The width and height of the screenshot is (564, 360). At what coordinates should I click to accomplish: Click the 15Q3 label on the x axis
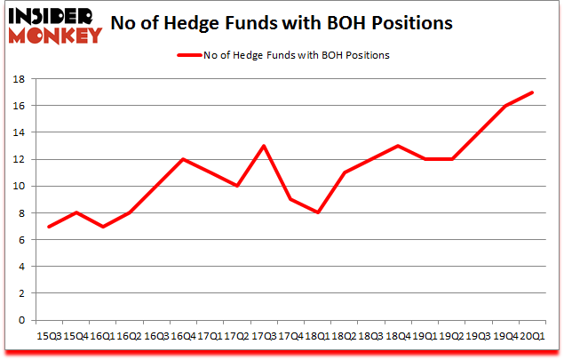coord(50,337)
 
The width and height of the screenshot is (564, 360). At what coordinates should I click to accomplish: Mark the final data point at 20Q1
coord(532,92)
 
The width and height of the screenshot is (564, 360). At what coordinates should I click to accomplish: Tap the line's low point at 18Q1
coord(316,212)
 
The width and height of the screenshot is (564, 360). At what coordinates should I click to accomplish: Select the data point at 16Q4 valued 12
coord(183,159)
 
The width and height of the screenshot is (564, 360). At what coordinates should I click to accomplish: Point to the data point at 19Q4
coord(505,106)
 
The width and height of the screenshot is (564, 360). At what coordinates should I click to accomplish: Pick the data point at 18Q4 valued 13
coord(399,146)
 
